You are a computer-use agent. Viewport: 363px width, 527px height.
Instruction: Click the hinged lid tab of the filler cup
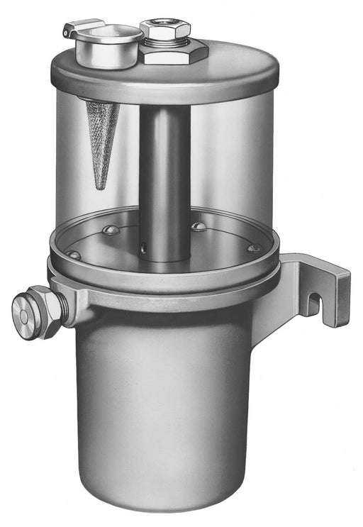(x=72, y=29)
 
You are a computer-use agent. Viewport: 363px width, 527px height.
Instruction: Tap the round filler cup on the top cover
(x=110, y=44)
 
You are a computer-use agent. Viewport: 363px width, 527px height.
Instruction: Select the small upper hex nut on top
(x=165, y=30)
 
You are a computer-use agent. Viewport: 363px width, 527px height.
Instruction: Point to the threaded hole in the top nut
(x=164, y=23)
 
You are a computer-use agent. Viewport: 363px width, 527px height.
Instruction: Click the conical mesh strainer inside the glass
(x=102, y=135)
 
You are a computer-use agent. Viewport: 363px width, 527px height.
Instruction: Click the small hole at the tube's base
(x=144, y=248)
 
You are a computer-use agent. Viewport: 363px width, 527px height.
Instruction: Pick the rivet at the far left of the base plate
(x=73, y=254)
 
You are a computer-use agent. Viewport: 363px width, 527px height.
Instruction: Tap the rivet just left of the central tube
(x=109, y=230)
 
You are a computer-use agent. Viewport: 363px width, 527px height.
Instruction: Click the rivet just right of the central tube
(x=200, y=227)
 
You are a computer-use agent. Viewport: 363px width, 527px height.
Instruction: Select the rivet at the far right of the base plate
(x=253, y=248)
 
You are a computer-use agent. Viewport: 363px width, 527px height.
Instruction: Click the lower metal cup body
(x=163, y=411)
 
